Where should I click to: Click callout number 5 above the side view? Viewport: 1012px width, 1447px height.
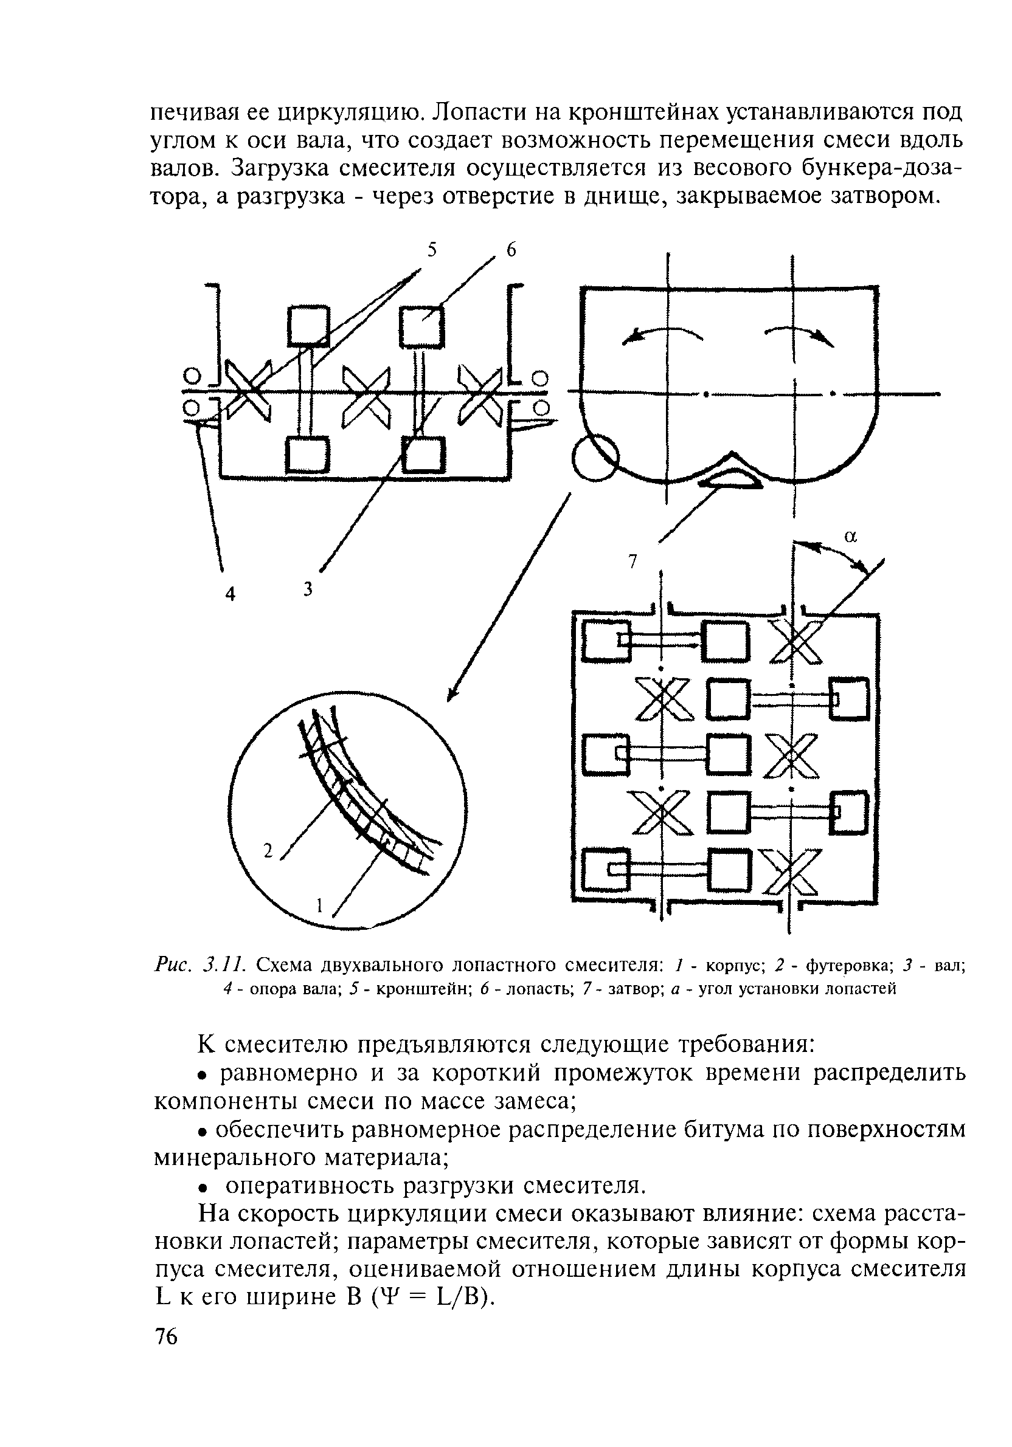[x=431, y=250]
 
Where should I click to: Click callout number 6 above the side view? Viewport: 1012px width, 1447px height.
[x=511, y=250]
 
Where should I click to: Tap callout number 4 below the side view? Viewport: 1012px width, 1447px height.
[x=230, y=594]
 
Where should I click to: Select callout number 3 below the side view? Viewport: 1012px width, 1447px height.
[x=308, y=589]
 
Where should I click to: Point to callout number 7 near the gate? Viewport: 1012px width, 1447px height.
[x=633, y=560]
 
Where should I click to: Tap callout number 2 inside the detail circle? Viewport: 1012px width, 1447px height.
[x=268, y=851]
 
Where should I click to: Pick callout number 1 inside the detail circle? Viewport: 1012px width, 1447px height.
[x=320, y=906]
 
